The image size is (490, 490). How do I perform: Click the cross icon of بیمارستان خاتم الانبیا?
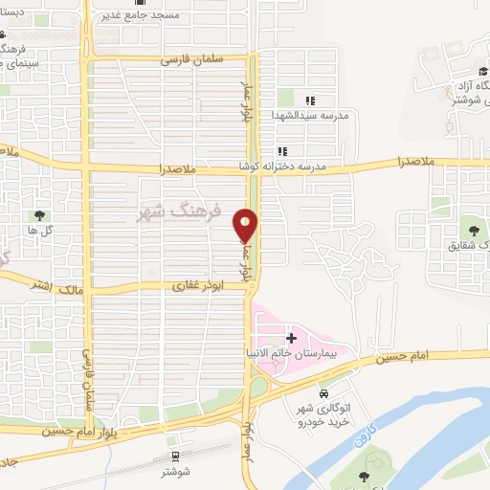click(291, 339)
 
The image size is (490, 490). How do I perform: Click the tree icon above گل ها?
click(39, 216)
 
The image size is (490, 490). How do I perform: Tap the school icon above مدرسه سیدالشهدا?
click(309, 100)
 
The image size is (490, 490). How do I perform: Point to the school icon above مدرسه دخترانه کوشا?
click(281, 151)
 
